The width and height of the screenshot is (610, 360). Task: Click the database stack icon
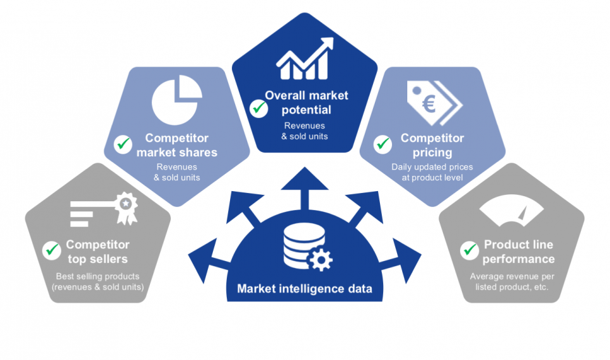[x=298, y=246]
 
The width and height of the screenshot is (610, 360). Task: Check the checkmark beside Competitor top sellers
[x=51, y=250]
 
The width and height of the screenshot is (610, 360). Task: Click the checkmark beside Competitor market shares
[x=123, y=144]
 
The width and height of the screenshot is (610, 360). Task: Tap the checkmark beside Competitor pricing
[x=383, y=144]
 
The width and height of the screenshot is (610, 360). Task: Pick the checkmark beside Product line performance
[x=470, y=250]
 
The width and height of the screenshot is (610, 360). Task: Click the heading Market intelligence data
[x=304, y=290]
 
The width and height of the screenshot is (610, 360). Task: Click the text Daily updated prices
[x=432, y=167]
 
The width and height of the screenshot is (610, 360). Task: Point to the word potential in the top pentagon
[x=306, y=109]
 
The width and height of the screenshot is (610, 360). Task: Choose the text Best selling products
[x=97, y=276]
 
